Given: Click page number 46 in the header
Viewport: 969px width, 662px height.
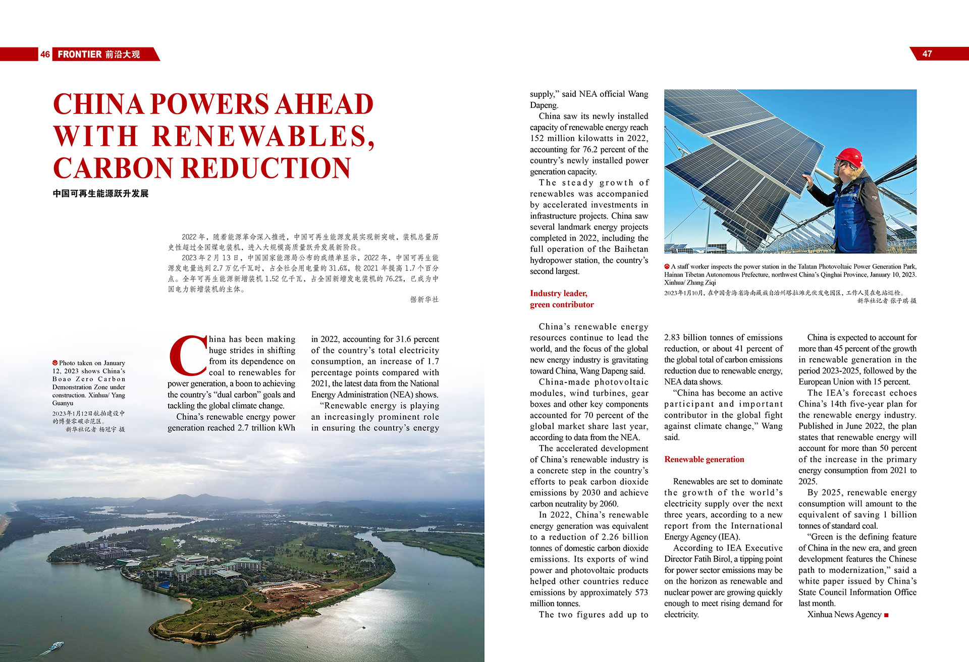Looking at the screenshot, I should [x=45, y=54].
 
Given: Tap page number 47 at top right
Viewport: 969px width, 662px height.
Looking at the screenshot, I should [x=927, y=54].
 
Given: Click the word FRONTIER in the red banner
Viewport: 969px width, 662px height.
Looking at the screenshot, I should [x=79, y=54].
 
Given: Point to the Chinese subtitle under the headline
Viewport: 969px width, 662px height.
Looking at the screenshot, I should [x=100, y=194].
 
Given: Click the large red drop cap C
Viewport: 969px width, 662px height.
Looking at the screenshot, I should [x=187, y=356].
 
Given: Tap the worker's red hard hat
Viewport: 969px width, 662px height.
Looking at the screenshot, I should [x=848, y=157].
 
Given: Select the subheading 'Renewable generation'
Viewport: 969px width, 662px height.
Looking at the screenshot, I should [x=704, y=459].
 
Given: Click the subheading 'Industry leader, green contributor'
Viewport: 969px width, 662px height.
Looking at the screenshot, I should [x=562, y=299].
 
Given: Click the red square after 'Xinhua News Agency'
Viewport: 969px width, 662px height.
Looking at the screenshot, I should [x=887, y=615].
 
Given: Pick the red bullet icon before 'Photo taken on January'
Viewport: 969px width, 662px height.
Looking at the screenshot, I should [x=55, y=363].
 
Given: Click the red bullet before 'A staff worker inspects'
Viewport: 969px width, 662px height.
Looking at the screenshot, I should [x=667, y=266].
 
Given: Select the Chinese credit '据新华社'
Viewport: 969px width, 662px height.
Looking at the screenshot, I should [x=424, y=300].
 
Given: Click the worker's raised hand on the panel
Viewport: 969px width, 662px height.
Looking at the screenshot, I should [x=807, y=180].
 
